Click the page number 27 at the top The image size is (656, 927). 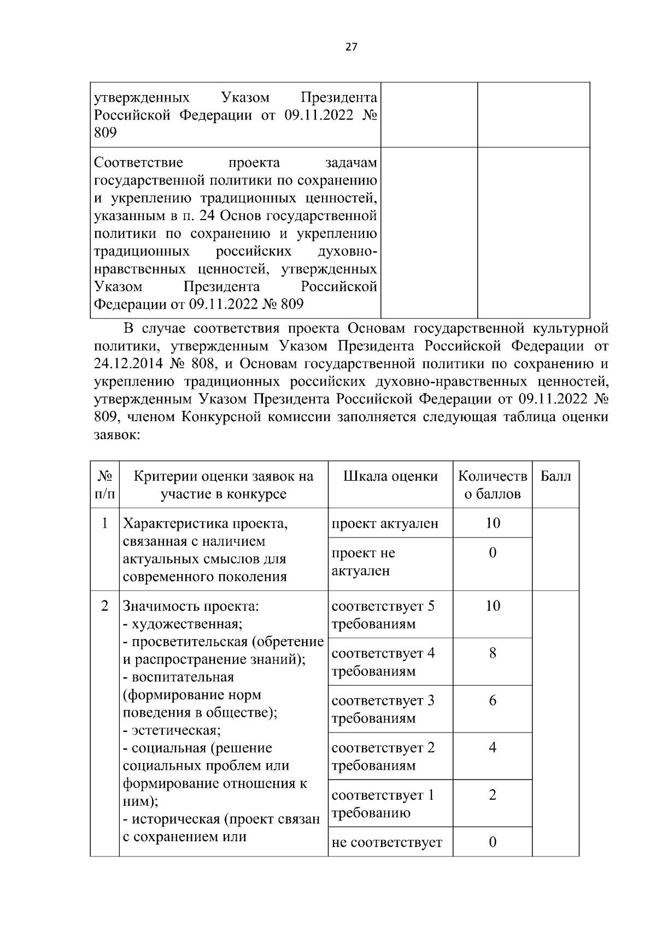click(351, 48)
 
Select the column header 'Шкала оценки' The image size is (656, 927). click(390, 476)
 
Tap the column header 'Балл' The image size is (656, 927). click(555, 476)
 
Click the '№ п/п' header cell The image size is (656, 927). click(104, 485)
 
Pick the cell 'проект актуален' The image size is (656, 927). click(385, 523)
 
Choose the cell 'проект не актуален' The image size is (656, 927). click(363, 562)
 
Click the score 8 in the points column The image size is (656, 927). click(493, 653)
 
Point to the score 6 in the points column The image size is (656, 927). click(493, 700)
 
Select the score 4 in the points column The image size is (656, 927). click(493, 748)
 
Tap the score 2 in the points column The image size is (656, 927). click(493, 795)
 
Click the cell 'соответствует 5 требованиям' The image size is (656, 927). click(383, 615)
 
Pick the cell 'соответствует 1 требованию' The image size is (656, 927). click(383, 804)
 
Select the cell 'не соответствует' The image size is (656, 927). click(386, 842)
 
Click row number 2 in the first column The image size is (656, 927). click(104, 606)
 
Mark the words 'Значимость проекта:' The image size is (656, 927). click(191, 606)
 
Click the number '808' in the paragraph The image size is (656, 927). click(206, 364)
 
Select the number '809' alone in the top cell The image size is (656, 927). click(105, 132)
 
